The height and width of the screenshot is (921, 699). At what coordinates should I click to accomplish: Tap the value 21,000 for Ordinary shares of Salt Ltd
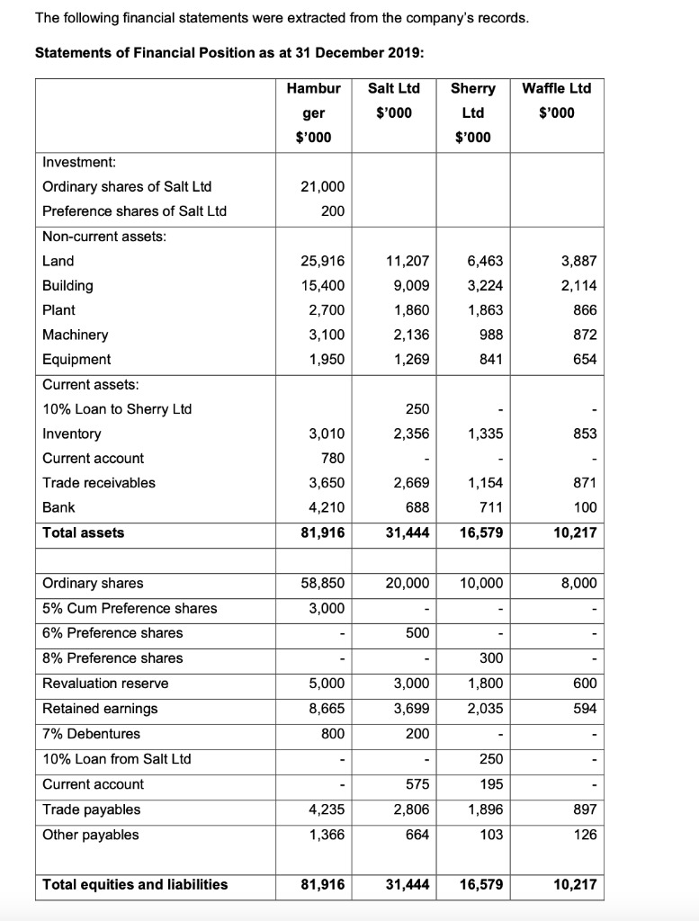[x=324, y=186]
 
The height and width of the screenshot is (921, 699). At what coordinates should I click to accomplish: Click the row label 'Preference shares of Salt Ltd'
[x=134, y=211]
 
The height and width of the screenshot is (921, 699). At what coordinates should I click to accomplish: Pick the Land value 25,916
[x=324, y=261]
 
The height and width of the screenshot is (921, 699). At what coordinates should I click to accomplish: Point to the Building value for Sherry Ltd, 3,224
[x=487, y=286]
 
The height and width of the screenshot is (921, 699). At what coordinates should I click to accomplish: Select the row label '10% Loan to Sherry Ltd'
[x=117, y=409]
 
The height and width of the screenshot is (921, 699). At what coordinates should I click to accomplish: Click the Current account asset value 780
[x=331, y=459]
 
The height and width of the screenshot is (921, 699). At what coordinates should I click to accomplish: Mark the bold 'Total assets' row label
[x=84, y=532]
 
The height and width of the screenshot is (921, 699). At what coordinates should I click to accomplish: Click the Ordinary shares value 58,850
[x=324, y=583]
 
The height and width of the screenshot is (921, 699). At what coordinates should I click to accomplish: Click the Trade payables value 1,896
[x=487, y=809]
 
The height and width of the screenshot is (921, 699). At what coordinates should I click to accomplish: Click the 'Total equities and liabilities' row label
[x=135, y=884]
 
